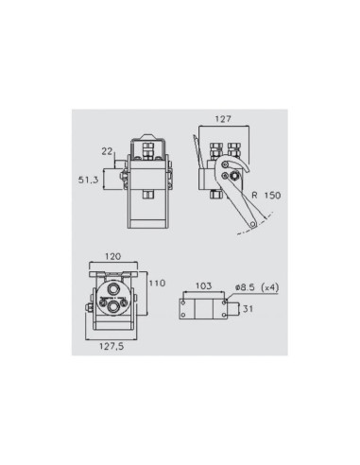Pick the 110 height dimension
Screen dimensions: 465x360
coord(156,283)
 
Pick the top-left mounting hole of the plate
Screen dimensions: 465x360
coord(186,297)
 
